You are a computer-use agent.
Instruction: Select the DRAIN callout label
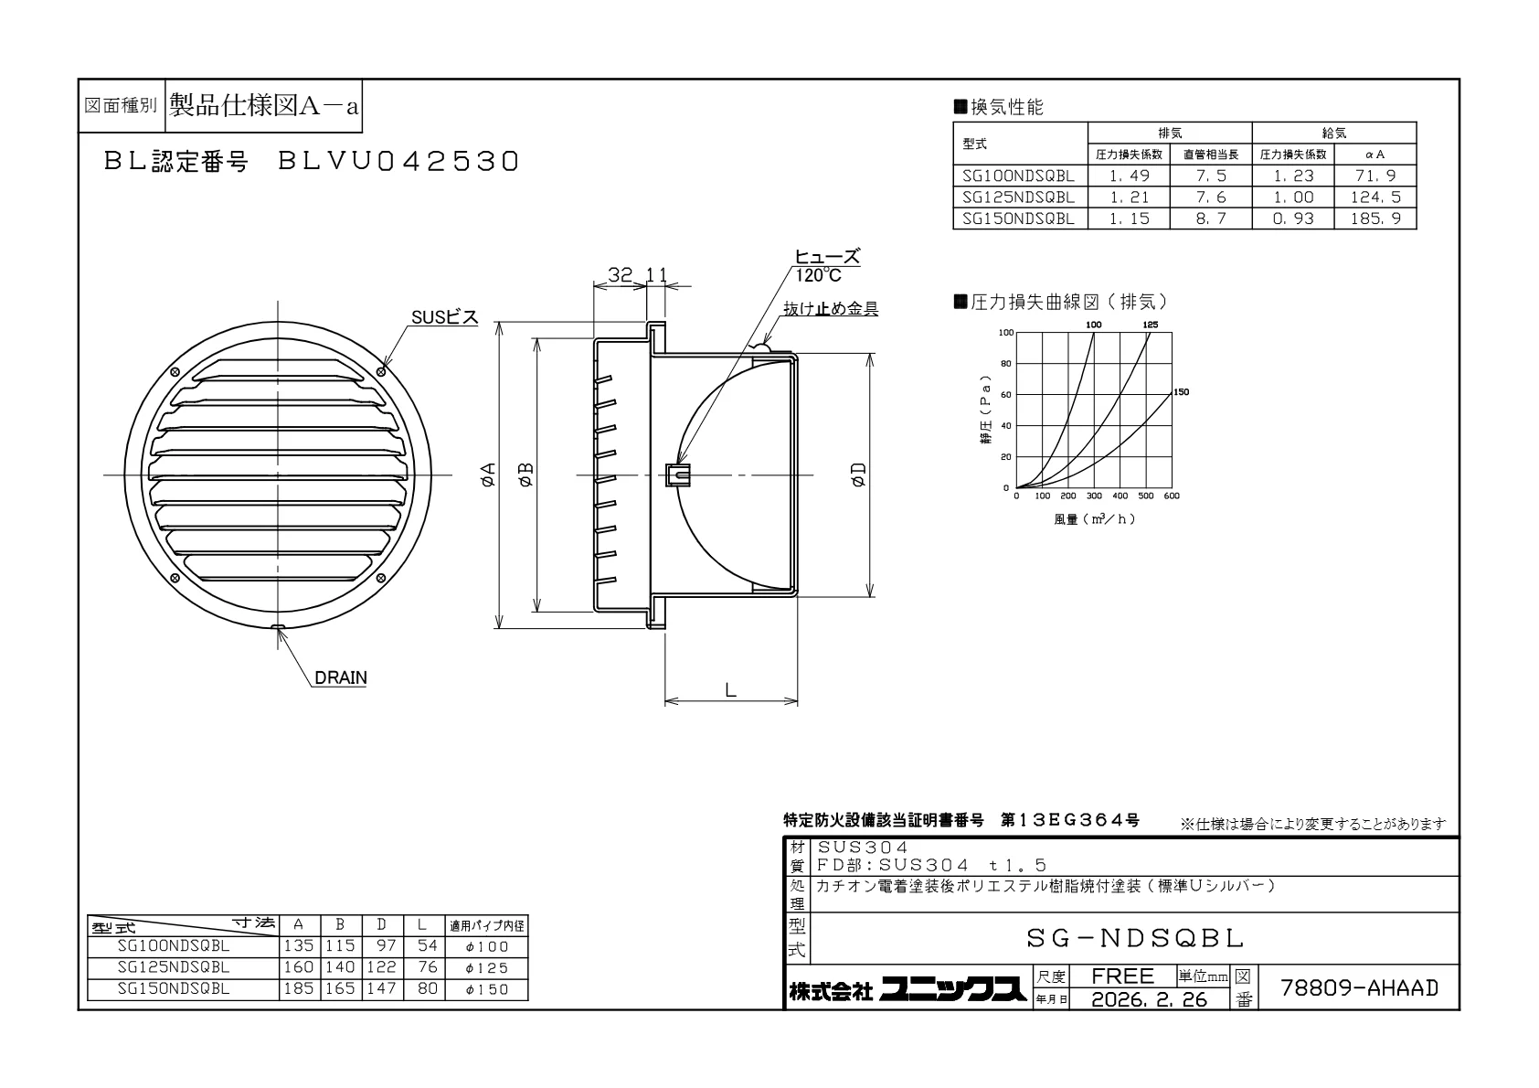[341, 677]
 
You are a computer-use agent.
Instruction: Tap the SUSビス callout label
[444, 317]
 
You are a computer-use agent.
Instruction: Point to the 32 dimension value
[620, 275]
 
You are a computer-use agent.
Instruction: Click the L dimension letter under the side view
[730, 689]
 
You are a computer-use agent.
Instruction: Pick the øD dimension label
[859, 475]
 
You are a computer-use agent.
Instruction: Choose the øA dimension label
[487, 475]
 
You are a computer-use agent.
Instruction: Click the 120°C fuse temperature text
[818, 275]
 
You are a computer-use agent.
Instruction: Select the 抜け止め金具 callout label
[831, 309]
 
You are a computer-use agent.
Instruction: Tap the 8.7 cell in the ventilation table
[1211, 219]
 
